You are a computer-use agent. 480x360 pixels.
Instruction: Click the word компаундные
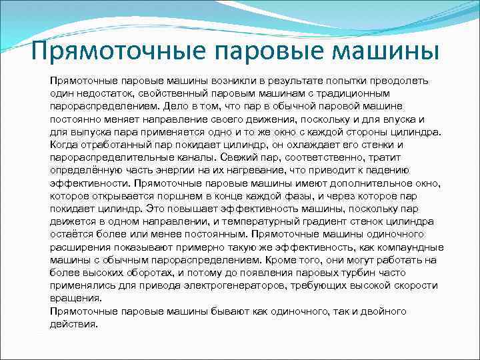409,247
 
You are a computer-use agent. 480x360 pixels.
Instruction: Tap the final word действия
73,324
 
